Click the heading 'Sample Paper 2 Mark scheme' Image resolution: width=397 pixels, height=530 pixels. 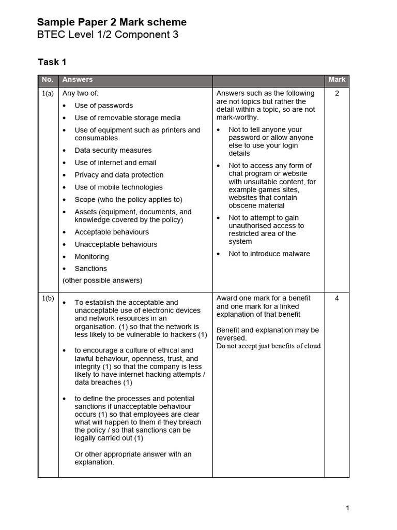112,22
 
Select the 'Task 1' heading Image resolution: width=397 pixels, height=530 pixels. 52,62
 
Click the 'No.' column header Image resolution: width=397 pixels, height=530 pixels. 48,80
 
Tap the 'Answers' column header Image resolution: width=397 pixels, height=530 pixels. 78,80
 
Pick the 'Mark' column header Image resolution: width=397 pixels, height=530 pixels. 337,80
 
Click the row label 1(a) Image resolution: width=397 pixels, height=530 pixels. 48,94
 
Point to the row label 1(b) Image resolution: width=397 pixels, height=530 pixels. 48,299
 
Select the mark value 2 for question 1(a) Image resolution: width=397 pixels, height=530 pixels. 337,94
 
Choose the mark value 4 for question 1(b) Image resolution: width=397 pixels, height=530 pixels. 337,298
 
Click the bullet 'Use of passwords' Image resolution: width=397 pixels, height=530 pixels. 103,106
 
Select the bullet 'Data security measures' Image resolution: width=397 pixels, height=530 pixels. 113,151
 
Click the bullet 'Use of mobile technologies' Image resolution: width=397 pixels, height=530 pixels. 118,187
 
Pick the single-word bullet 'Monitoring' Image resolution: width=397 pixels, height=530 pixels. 91,257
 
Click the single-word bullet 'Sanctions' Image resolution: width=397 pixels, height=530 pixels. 90,269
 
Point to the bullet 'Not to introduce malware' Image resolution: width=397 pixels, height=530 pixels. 269,254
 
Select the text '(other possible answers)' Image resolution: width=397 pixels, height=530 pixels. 102,281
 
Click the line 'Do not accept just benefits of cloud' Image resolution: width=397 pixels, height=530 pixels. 268,346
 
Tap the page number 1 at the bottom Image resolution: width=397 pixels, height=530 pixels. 347,508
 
